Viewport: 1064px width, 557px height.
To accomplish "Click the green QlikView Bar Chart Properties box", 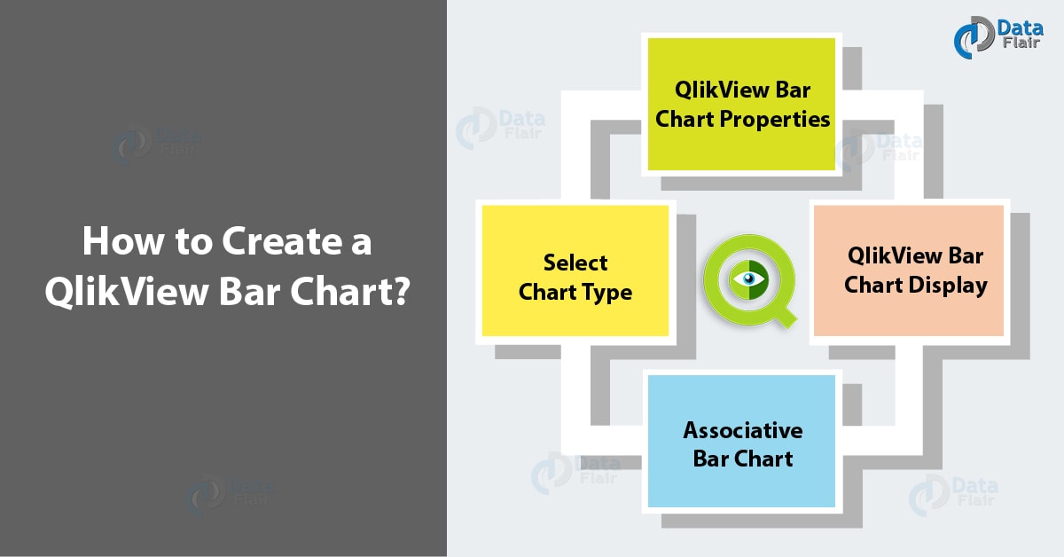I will [741, 104].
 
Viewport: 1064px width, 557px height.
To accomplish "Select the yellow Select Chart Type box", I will [575, 271].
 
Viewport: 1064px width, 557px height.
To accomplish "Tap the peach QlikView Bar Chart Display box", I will [908, 271].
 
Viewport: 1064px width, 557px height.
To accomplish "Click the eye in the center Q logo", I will [749, 279].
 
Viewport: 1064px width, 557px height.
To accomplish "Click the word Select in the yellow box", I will [575, 263].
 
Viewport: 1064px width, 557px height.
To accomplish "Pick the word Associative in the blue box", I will [743, 430].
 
